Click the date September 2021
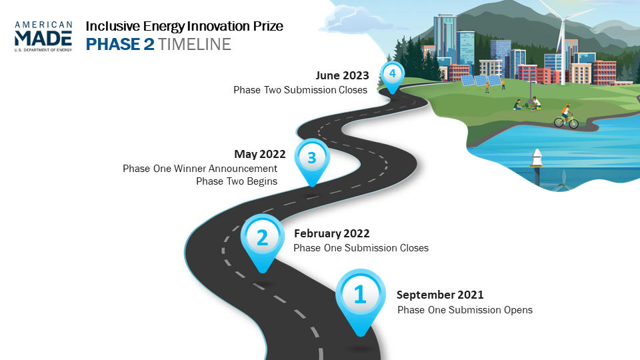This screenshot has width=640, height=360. coord(440,295)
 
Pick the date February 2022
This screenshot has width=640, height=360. coord(332,233)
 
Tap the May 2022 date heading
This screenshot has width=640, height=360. coord(260,154)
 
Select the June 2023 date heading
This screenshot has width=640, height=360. coord(342,75)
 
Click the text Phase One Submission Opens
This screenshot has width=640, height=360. coord(465,310)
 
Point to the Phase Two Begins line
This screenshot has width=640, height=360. coord(237,181)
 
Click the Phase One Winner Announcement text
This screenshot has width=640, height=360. coord(200,169)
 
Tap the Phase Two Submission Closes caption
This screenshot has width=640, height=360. coord(301,90)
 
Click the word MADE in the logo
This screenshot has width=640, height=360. coord(43,39)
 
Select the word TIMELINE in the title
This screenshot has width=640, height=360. coord(195,44)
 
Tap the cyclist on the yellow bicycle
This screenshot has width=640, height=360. coord(566,117)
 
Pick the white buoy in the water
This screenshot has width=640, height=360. coord(537,159)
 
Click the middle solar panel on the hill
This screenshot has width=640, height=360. coord(481,81)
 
